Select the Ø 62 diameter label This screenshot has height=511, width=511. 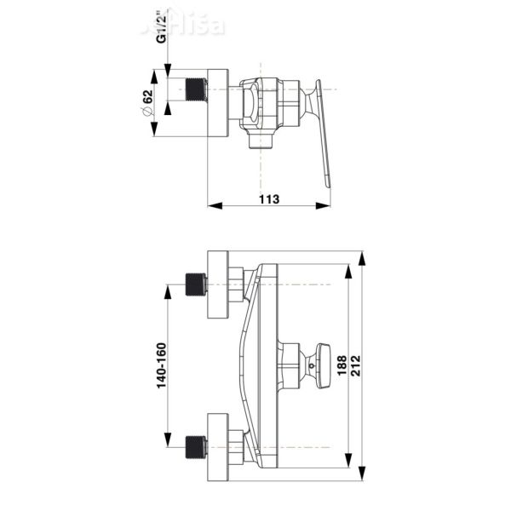[146, 103]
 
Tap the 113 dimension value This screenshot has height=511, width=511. [269, 198]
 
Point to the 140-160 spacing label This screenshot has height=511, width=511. [160, 366]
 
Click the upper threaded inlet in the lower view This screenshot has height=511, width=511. [196, 284]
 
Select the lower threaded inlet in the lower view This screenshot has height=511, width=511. [196, 446]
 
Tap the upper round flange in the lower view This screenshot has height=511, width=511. [219, 285]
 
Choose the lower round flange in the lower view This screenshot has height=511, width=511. [219, 446]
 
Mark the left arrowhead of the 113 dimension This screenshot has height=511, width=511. [213, 205]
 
